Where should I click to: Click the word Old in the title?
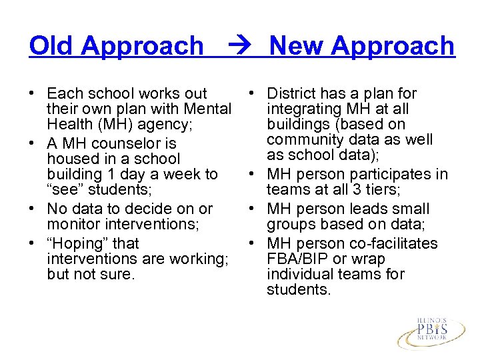51,46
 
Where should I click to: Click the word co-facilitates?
396,243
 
